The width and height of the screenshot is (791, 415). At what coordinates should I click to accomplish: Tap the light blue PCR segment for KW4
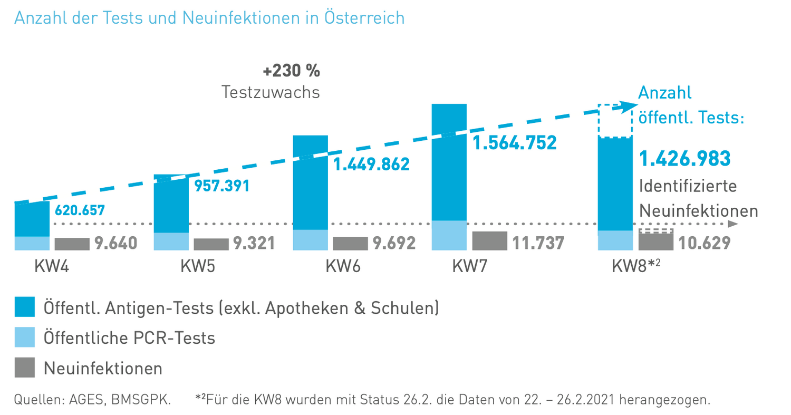pos(32,243)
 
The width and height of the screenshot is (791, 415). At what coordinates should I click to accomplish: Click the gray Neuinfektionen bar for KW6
pos(350,244)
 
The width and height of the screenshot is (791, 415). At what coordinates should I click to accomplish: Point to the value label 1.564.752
pos(514,143)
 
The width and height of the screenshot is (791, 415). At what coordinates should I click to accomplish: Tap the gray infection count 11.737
pos(538,243)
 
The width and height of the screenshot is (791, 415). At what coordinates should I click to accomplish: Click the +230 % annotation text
pos(291,70)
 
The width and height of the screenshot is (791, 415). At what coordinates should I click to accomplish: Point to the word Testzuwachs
pos(271,92)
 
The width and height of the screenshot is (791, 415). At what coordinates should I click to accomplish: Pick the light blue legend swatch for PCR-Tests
pos(24,337)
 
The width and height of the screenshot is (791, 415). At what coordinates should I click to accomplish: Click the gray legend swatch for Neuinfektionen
pos(24,368)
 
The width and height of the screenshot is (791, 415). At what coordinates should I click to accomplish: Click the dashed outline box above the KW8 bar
pos(615,121)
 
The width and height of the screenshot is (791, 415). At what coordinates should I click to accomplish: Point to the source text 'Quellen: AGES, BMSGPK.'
pos(92,399)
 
